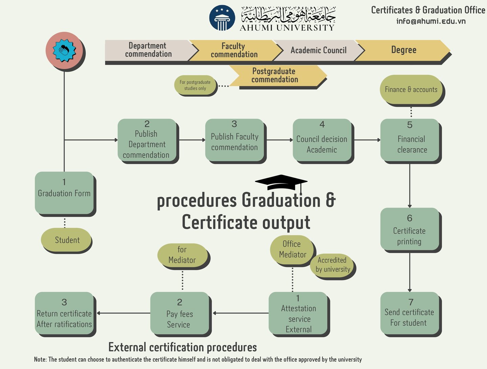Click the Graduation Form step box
coord(64,193)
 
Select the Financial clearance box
coord(410,140)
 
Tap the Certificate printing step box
coord(410,229)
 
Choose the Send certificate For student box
coord(410,313)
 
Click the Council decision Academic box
coord(322,140)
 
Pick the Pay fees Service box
coord(179,313)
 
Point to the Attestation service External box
coord(298,313)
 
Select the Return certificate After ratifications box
coord(64,313)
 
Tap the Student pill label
coord(66,240)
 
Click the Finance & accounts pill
coord(411,90)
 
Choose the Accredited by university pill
coord(332,265)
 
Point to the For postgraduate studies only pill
coord(195,85)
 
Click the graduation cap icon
coord(281,182)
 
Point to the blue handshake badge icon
coord(64,51)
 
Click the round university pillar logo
coord(222,18)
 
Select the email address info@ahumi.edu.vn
coord(431,21)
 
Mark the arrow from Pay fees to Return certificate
coord(124,313)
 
